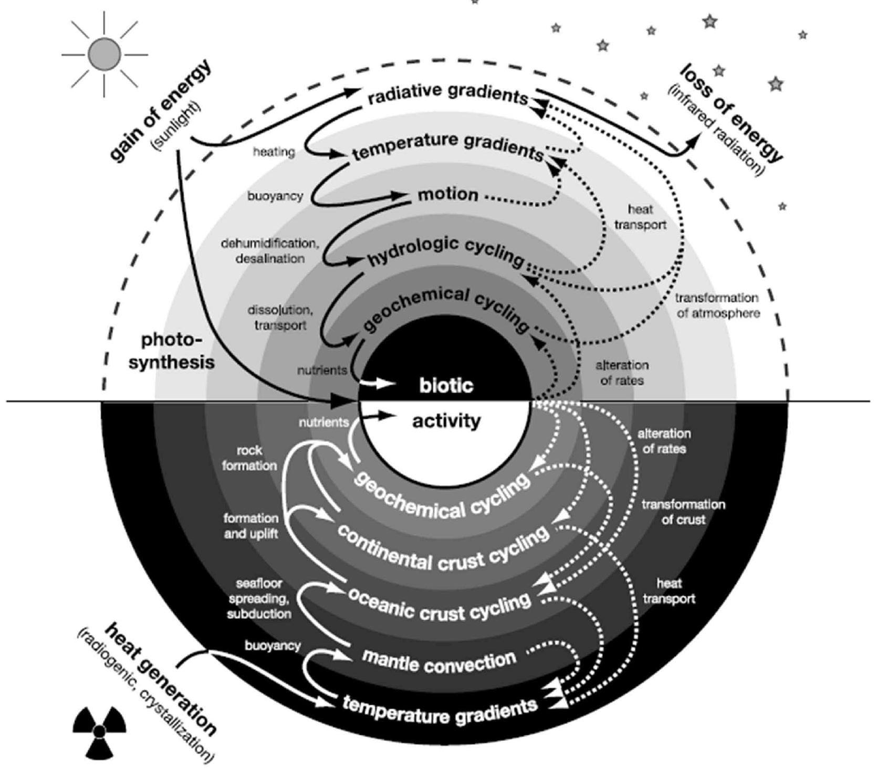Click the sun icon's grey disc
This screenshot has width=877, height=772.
pyautogui.click(x=104, y=55)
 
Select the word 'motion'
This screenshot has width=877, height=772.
pyautogui.click(x=448, y=195)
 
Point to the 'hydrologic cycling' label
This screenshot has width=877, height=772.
pyautogui.click(x=446, y=250)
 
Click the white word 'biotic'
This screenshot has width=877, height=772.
pyautogui.click(x=446, y=386)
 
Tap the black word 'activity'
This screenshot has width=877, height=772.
pyautogui.click(x=446, y=421)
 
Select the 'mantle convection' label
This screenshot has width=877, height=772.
pyautogui.click(x=439, y=662)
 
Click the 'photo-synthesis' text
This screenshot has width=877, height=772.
pyautogui.click(x=172, y=351)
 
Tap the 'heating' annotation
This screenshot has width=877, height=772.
pyautogui.click(x=274, y=152)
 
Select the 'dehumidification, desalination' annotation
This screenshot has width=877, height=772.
pyautogui.click(x=270, y=251)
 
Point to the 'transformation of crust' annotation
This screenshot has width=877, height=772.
pyautogui.click(x=683, y=512)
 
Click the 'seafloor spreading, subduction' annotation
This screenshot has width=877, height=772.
pyautogui.click(x=259, y=598)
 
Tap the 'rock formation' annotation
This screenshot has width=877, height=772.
pyautogui.click(x=249, y=458)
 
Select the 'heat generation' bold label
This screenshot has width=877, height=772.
pyautogui.click(x=160, y=680)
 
